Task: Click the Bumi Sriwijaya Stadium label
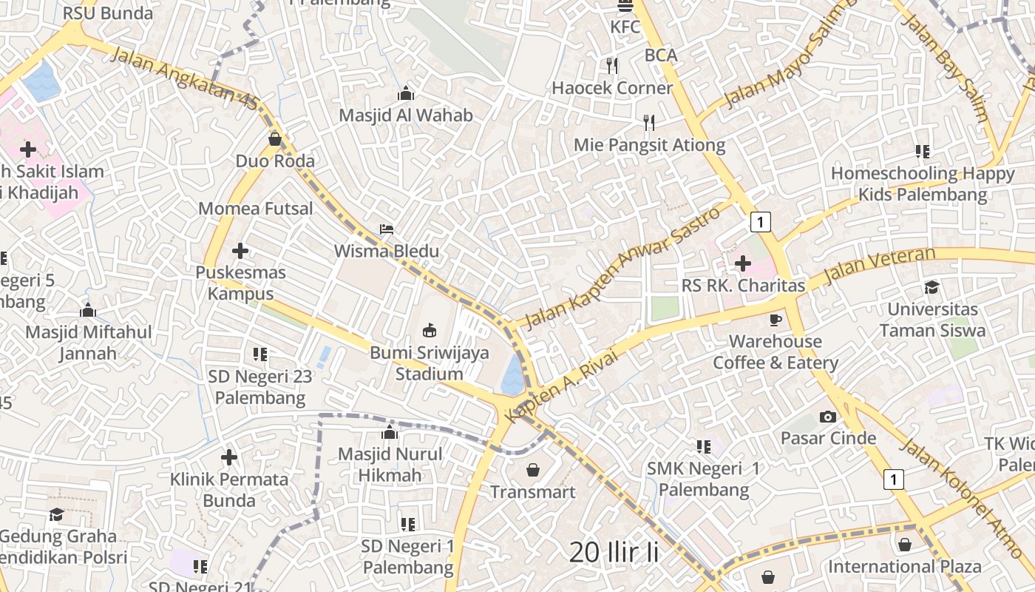pos(430,363)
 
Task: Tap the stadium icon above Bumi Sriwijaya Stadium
pos(429,330)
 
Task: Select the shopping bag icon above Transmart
pos(532,469)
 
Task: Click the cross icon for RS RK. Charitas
pos(743,263)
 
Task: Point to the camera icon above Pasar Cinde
pos(828,417)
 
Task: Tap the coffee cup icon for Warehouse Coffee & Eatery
pos(775,320)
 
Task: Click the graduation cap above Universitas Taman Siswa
pos(932,287)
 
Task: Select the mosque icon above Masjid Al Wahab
pos(405,94)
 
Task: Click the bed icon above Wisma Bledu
pos(387,229)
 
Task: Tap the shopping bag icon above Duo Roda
pos(275,138)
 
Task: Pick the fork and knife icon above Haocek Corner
pos(611,66)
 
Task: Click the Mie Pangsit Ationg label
pos(649,145)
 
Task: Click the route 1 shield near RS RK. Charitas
pos(760,221)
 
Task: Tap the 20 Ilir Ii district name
pos(614,552)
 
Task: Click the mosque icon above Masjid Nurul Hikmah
pos(389,432)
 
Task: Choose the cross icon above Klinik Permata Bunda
pos(229,457)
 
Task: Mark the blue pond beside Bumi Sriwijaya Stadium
pos(512,376)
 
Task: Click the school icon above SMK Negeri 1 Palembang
pos(703,446)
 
